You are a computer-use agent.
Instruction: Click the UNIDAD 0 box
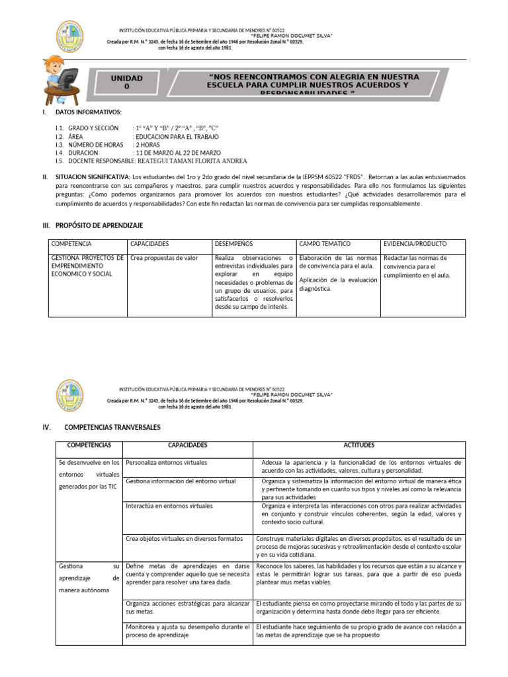(x=128, y=83)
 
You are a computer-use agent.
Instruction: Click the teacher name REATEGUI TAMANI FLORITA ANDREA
(x=191, y=161)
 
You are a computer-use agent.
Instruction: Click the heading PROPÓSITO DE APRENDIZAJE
(x=99, y=226)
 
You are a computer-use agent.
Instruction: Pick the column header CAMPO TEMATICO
(x=325, y=244)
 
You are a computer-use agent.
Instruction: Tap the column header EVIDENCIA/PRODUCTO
(x=414, y=244)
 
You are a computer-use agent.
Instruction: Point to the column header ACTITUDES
(x=359, y=446)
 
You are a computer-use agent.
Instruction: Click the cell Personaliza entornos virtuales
(x=166, y=462)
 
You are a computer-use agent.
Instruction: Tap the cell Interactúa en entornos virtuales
(x=169, y=506)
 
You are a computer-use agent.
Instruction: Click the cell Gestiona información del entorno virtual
(x=181, y=481)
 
